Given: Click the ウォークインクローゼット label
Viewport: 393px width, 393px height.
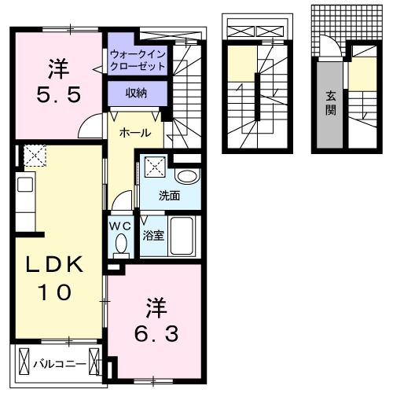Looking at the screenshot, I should click(138, 61).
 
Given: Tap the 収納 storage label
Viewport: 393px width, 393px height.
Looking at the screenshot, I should click(137, 93).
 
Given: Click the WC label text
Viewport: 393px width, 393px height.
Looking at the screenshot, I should click(119, 226).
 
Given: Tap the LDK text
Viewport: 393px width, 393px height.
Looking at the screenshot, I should click(56, 264).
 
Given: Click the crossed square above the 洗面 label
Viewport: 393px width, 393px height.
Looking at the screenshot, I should click(155, 167).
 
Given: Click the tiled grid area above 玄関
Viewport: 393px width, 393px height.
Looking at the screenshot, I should click(325, 24).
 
